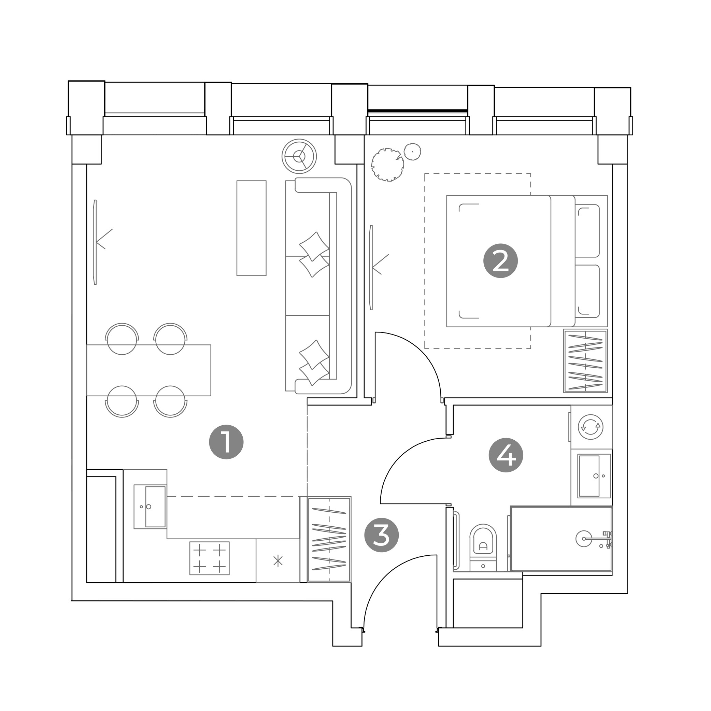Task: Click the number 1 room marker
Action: pyautogui.click(x=226, y=442)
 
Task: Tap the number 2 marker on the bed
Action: pyautogui.click(x=500, y=260)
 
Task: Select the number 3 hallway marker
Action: pyautogui.click(x=382, y=535)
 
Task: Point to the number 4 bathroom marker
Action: pyautogui.click(x=506, y=455)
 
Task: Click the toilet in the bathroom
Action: pyautogui.click(x=483, y=548)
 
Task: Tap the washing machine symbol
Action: pyautogui.click(x=591, y=427)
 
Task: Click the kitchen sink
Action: pyautogui.click(x=150, y=507)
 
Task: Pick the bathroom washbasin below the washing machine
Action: pyautogui.click(x=594, y=476)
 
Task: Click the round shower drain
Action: pyautogui.click(x=584, y=539)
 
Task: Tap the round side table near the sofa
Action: pyautogui.click(x=299, y=156)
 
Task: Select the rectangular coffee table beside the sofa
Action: pyautogui.click(x=251, y=228)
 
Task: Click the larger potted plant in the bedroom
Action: pyautogui.click(x=387, y=165)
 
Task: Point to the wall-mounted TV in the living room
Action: pyautogui.click(x=96, y=242)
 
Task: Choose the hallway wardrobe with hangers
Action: pyautogui.click(x=329, y=540)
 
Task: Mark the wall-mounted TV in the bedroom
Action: pyautogui.click(x=372, y=268)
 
